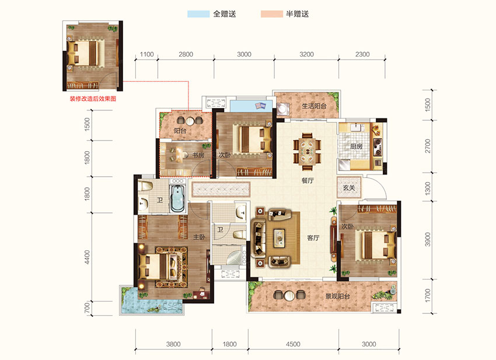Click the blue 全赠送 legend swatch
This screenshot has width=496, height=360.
198,14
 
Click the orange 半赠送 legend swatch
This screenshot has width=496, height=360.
271,14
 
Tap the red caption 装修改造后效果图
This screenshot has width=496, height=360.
93,99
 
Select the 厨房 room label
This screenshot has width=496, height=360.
356,146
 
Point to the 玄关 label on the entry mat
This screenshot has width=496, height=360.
349,188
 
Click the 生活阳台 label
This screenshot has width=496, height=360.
314,106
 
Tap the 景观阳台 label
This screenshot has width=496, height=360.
338,296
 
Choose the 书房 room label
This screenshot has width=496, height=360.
198,155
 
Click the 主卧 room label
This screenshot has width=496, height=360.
200,237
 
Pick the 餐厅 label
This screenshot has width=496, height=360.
308,181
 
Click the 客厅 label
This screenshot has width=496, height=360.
313,238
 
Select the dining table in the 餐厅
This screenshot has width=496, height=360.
307,151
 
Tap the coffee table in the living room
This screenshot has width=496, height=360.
280,237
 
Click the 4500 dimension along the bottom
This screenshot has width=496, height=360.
293,344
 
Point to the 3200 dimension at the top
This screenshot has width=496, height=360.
306,54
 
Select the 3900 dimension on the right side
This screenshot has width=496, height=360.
428,239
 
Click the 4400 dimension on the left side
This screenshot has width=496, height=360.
88,257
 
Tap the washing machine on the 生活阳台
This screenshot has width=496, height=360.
282,109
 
